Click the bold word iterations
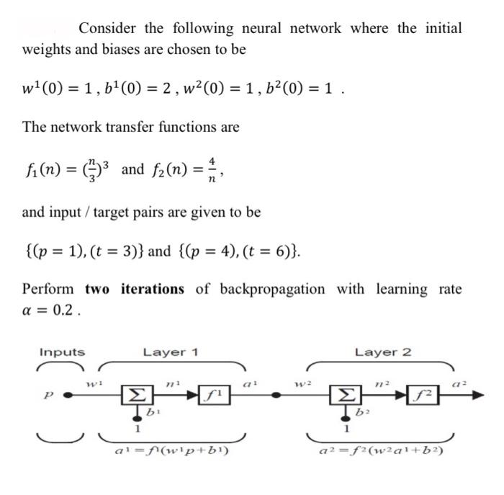point(152,289)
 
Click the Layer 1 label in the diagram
point(171,352)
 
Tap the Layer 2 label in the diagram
point(383,352)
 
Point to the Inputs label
point(61,352)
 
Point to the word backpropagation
point(271,289)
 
